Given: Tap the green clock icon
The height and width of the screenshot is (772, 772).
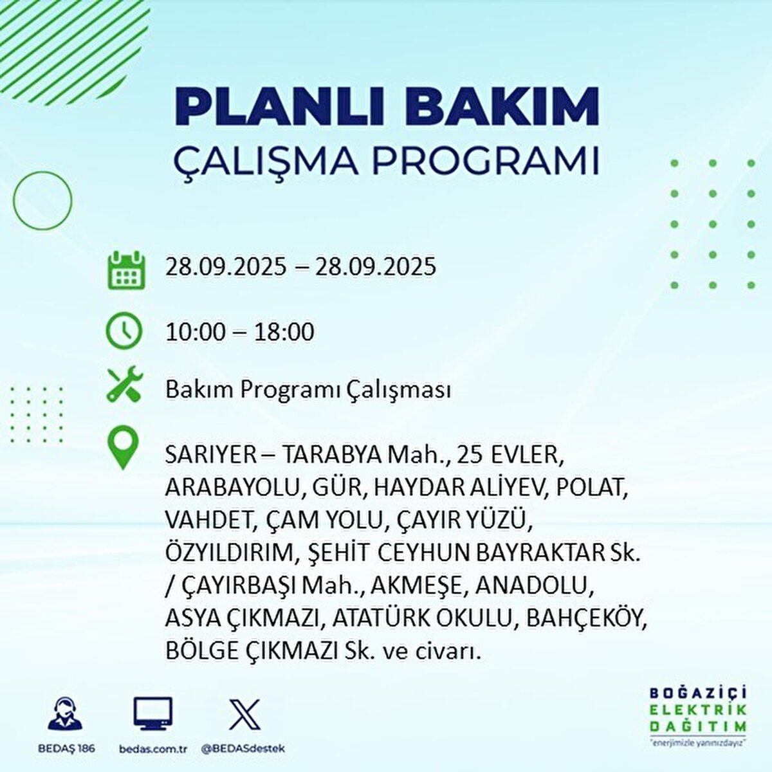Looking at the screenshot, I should coord(124,331).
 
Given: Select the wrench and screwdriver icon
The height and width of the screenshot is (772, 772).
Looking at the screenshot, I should coord(125,385).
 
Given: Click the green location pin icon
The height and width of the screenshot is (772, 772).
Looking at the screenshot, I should coord(123,448).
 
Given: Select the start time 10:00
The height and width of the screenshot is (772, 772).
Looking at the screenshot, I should coord(196,332).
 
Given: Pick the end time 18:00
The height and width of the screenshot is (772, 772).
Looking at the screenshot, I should coord(284,332).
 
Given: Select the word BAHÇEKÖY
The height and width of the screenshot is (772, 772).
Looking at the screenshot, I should coord(586,620).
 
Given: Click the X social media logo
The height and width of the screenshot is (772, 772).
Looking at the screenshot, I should coord(244,714).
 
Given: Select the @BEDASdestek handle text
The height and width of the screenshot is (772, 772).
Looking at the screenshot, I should coord(243,749).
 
